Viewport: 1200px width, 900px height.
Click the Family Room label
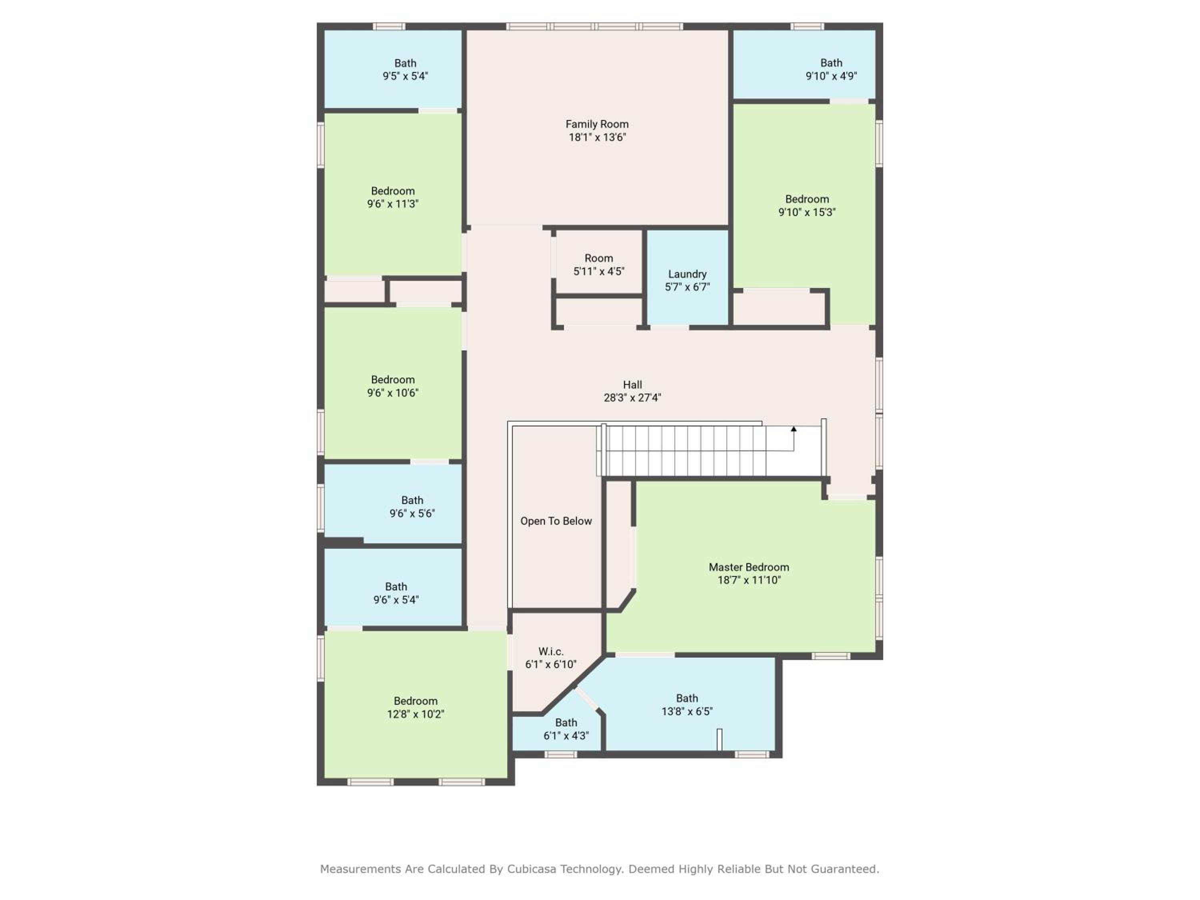(597, 124)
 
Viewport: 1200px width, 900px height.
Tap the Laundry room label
(687, 274)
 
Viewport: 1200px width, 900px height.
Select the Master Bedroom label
(749, 567)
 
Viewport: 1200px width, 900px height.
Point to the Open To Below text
(556, 521)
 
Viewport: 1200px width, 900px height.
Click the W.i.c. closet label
(551, 652)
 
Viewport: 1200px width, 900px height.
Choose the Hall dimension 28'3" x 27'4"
(632, 398)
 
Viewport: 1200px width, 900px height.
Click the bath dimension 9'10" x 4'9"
(831, 76)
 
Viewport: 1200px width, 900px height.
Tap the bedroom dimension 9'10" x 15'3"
(807, 212)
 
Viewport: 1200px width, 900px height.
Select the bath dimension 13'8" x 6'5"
(687, 711)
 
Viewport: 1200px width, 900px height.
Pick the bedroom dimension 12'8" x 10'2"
(416, 714)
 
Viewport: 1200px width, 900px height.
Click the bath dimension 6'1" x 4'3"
(566, 736)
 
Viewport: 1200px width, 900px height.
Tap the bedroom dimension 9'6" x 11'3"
(393, 204)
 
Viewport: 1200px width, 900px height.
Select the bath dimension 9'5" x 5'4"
(405, 76)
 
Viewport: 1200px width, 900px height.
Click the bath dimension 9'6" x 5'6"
(412, 513)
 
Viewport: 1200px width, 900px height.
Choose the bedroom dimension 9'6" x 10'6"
(393, 393)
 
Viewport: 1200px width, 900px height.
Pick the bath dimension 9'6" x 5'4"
(396, 600)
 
